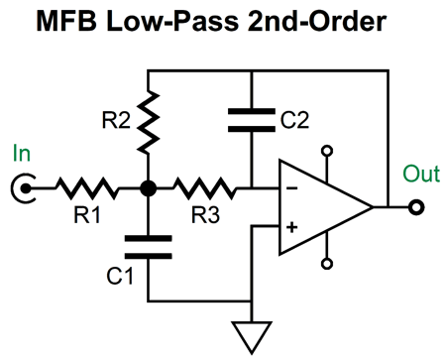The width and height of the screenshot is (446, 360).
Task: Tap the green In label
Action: click(22, 154)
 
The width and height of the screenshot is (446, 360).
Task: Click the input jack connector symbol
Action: click(22, 185)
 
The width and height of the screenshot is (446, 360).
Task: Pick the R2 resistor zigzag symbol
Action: click(148, 117)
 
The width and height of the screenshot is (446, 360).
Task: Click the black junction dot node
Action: click(148, 185)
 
